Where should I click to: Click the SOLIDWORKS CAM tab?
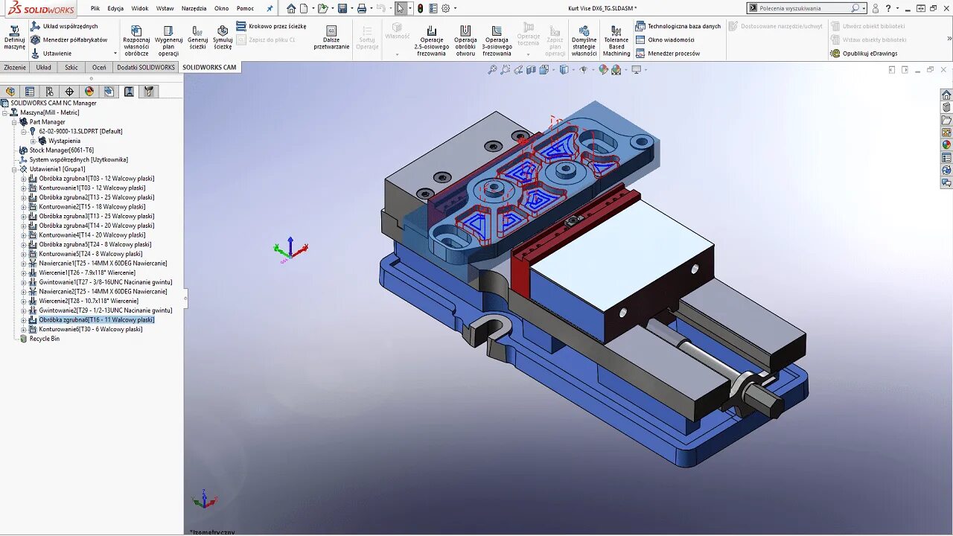click(209, 67)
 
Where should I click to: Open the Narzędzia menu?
click(194, 8)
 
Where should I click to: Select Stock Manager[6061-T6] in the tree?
click(61, 150)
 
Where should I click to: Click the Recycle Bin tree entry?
click(44, 339)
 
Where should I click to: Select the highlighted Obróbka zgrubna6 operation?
click(96, 320)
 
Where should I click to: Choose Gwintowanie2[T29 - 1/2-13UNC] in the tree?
click(105, 310)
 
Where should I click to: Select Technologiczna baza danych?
click(683, 26)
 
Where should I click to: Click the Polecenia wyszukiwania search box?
click(803, 8)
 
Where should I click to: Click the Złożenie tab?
click(15, 67)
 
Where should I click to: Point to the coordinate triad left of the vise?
click(290, 249)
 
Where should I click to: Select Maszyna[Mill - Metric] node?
click(49, 112)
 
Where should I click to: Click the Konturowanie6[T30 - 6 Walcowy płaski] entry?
click(90, 329)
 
